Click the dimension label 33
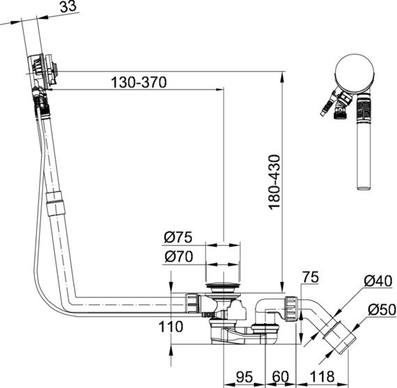click(x=68, y=6)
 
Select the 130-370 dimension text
click(x=139, y=82)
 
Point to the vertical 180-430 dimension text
click(x=274, y=182)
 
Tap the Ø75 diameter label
click(x=178, y=237)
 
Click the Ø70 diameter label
click(x=179, y=256)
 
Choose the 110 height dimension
click(x=171, y=327)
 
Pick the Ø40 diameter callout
click(x=378, y=281)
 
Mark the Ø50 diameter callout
click(x=382, y=310)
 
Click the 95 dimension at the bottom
click(x=244, y=377)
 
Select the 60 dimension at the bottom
click(x=280, y=377)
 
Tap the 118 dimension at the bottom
click(x=322, y=377)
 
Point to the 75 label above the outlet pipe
click(x=311, y=277)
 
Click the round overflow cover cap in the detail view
click(x=355, y=73)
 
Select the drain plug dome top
click(x=223, y=285)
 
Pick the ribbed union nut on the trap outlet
click(x=292, y=309)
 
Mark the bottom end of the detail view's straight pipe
click(x=364, y=188)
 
